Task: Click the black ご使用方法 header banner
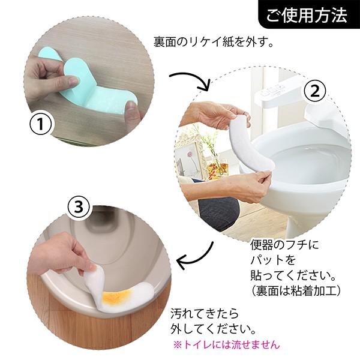(309, 14)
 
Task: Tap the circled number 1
(41, 124)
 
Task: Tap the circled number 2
(315, 91)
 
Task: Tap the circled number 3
(79, 207)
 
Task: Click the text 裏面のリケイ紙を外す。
(213, 42)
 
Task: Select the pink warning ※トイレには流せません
(226, 344)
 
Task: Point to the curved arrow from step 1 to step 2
(193, 78)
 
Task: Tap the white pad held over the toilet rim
(249, 145)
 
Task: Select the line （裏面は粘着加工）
(295, 292)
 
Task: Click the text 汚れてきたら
(205, 314)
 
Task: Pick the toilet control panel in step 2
(275, 91)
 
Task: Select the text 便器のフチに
(284, 245)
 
